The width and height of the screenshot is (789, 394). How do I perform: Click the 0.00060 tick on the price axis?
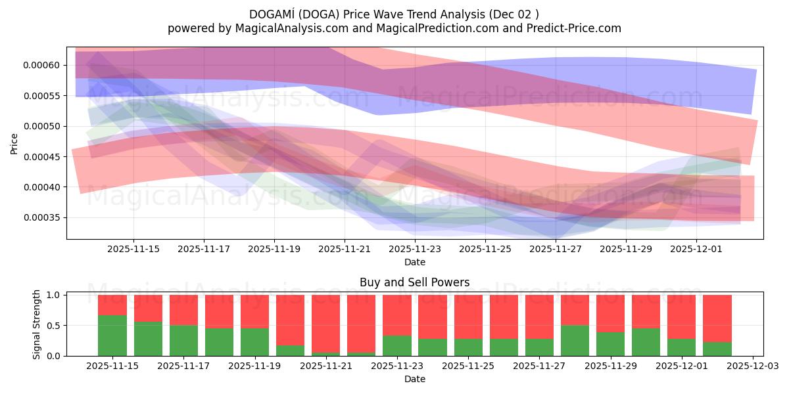pos(42,65)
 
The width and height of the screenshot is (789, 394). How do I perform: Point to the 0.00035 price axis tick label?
pos(42,217)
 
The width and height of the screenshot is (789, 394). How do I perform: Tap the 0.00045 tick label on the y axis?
pos(42,156)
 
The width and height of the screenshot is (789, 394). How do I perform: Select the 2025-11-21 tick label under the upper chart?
pos(345,250)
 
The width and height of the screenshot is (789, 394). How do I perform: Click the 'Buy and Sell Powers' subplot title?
pos(414,283)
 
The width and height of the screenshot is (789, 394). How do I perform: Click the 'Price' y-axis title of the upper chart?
pos(14,142)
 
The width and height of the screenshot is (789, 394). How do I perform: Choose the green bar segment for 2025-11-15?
pos(112,336)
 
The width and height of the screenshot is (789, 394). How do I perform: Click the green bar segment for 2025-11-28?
pos(575,340)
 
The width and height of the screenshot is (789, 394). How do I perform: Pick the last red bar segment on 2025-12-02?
pos(717,318)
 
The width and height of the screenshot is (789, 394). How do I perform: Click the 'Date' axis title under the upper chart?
pos(414,262)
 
